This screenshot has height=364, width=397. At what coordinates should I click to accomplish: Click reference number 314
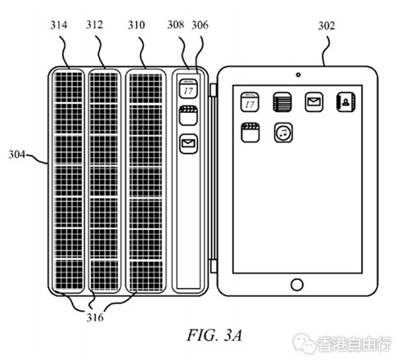(x=59, y=25)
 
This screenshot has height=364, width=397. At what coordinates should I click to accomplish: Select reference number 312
(x=95, y=25)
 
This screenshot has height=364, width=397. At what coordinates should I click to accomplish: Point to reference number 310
(x=137, y=25)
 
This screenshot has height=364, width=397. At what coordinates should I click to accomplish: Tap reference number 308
(x=176, y=25)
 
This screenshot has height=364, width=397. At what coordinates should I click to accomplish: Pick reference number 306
(x=200, y=25)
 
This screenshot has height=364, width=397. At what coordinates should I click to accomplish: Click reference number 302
(x=327, y=26)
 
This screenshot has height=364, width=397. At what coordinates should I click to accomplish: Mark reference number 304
(x=17, y=155)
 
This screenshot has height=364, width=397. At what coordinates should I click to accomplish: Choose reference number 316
(x=95, y=317)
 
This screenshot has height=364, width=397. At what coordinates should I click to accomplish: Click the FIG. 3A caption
(x=214, y=335)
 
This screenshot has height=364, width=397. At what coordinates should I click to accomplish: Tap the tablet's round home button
(x=297, y=285)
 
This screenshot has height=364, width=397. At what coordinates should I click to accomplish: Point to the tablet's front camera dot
(x=298, y=74)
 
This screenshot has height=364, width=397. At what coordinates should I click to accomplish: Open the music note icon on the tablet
(x=283, y=133)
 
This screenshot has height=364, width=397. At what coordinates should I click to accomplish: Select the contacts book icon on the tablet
(x=345, y=102)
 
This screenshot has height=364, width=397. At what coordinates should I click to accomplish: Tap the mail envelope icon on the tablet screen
(x=314, y=102)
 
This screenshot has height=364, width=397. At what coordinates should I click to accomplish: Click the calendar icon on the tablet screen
(x=250, y=102)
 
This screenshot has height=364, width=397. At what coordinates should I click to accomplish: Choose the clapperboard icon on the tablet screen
(x=250, y=133)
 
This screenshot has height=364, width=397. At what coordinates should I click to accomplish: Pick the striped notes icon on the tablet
(x=282, y=102)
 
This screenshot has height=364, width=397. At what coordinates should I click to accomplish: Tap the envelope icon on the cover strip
(x=188, y=143)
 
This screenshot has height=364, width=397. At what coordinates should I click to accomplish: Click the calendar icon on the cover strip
(x=188, y=89)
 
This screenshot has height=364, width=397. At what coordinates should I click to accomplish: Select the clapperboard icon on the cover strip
(x=188, y=116)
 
